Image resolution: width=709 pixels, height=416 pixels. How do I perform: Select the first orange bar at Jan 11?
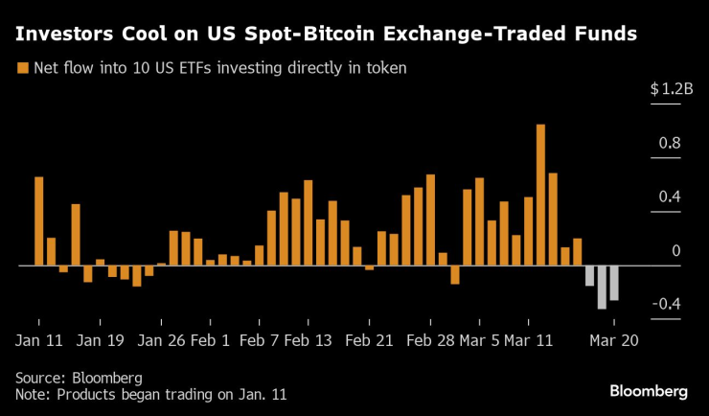coord(39,220)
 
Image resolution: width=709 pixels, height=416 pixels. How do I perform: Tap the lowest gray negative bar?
coord(602,287)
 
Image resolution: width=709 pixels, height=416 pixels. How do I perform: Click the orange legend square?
coord(22,69)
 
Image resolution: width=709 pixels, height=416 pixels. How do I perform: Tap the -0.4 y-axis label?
coord(665,305)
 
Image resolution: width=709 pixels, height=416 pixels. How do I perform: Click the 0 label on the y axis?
coord(675,251)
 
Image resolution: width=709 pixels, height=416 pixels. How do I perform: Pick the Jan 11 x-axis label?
coord(40,339)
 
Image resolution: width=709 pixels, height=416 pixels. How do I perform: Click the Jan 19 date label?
coord(101,339)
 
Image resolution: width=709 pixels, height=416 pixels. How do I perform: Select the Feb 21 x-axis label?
coord(370,339)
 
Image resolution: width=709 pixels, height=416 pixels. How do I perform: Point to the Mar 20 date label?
coord(614,339)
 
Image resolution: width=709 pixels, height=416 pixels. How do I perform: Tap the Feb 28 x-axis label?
coord(430,339)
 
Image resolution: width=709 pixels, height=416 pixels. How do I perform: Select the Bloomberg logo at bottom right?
coord(649,391)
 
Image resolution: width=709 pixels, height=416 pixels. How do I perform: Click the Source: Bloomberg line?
coord(79,377)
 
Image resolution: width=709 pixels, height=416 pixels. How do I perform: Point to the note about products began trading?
coord(150,394)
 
